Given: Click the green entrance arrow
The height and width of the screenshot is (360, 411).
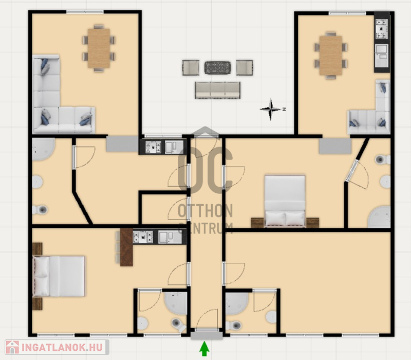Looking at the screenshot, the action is pyautogui.click(x=204, y=348).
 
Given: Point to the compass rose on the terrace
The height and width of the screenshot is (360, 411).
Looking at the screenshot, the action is pyautogui.click(x=271, y=109).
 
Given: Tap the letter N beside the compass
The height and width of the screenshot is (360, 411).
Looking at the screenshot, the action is pyautogui.click(x=284, y=109).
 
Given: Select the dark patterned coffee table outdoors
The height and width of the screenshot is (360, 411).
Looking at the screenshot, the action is pyautogui.click(x=217, y=68).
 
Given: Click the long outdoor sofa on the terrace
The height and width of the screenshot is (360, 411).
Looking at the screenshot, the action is pyautogui.click(x=217, y=91).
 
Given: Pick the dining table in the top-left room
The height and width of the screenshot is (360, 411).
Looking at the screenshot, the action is pyautogui.click(x=99, y=48).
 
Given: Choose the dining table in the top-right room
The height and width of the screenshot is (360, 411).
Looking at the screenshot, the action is pyautogui.click(x=331, y=56).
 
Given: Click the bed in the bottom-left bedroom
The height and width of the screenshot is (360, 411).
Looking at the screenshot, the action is pyautogui.click(x=59, y=276).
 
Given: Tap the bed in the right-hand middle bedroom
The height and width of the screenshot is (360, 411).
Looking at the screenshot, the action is pyautogui.click(x=285, y=201).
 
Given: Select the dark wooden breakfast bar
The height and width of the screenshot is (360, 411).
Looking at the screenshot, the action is pyautogui.click(x=126, y=247).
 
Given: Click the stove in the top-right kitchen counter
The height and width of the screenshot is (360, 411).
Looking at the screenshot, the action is pyautogui.click(x=382, y=29).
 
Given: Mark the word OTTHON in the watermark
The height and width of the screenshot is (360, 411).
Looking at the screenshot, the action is pyautogui.click(x=205, y=211).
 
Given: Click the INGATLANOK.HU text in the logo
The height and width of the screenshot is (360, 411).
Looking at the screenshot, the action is pyautogui.click(x=62, y=348).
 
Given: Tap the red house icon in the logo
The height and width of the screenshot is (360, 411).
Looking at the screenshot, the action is pyautogui.click(x=12, y=348).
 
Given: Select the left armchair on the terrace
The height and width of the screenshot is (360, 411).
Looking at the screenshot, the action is pyautogui.click(x=191, y=68).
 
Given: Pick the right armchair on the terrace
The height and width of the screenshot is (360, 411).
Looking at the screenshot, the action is pyautogui.click(x=245, y=68).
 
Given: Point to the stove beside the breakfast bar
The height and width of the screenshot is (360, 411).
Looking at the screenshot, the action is pyautogui.click(x=143, y=237).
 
